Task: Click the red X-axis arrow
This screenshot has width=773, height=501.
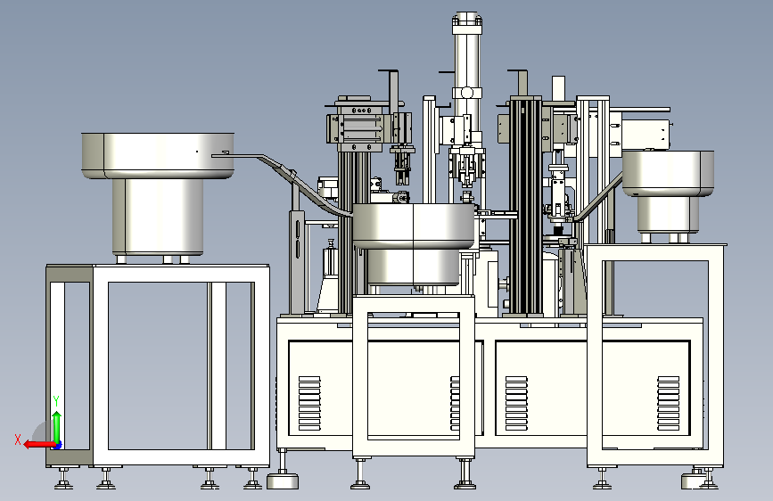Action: coord(39,445)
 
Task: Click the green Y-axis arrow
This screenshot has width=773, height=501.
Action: coord(57,428)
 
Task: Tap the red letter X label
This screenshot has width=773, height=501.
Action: coord(18,439)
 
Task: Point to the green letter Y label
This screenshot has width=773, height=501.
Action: coord(56,401)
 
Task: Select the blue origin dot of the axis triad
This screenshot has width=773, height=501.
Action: coord(58,446)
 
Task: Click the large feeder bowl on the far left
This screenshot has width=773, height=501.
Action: coord(158,155)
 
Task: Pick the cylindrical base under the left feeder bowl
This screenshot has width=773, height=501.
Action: coord(158,216)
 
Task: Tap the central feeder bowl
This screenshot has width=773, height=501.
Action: coord(414,226)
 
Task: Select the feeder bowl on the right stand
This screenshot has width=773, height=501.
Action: coord(668,173)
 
